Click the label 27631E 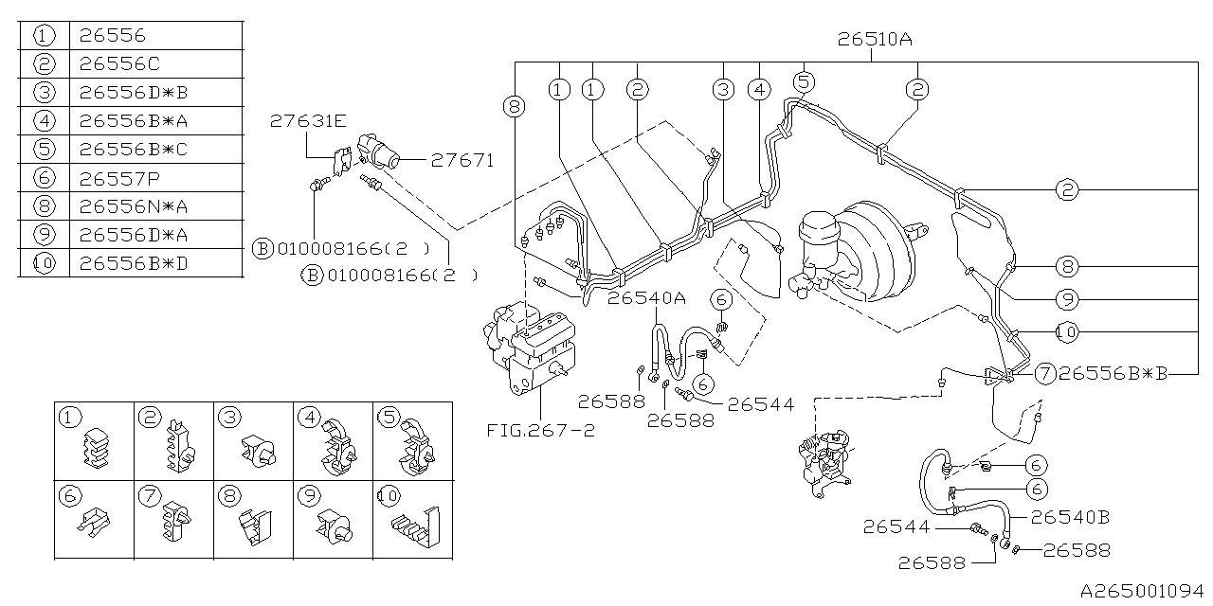coord(308,120)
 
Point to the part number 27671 coord(462,160)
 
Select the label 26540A coord(646,297)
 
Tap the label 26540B coord(1070,517)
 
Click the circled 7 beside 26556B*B coord(1044,373)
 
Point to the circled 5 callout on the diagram coord(803,82)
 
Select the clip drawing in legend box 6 coord(95,521)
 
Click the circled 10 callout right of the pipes coord(1067,331)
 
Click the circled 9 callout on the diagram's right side coord(1067,299)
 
